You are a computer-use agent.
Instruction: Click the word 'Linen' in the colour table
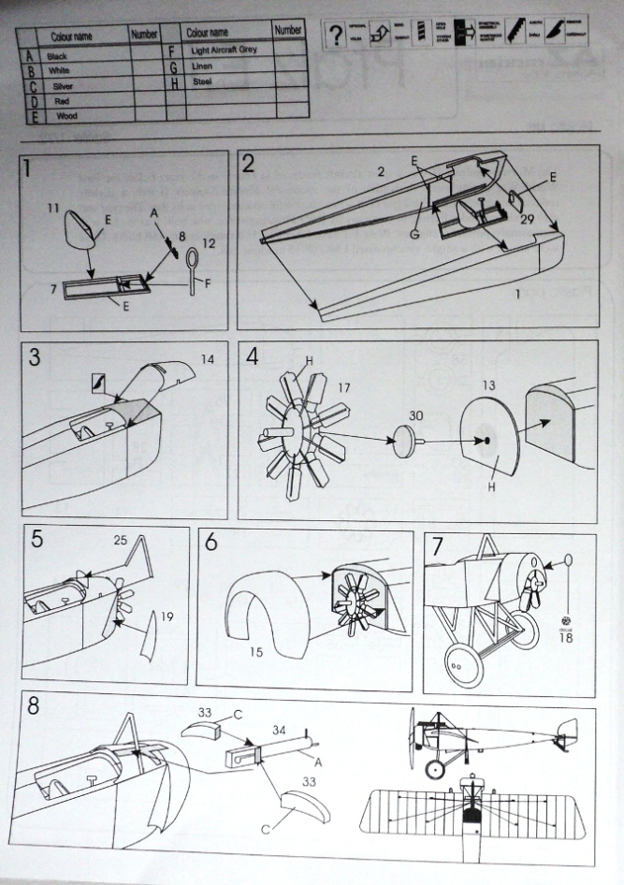[202, 66]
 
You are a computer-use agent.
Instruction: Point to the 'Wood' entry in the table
[66, 116]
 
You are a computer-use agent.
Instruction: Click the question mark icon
[333, 36]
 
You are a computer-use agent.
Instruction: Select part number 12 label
[209, 243]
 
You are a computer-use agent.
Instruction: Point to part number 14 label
[207, 358]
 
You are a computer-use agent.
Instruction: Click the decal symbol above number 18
[565, 618]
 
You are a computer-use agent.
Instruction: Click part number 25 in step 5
[121, 541]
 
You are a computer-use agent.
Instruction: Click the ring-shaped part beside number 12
[193, 258]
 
